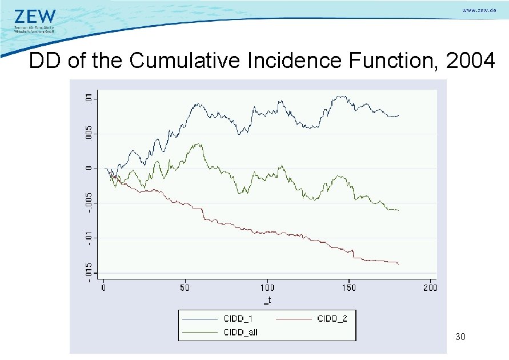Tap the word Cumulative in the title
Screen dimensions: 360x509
click(186, 60)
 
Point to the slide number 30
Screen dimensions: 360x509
click(460, 337)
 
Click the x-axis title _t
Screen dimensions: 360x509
click(267, 299)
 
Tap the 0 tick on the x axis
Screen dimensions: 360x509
click(103, 287)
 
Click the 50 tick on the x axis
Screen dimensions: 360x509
click(185, 287)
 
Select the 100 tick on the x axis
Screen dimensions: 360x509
click(267, 287)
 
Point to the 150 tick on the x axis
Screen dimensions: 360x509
click(348, 287)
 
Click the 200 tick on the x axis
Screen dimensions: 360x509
click(430, 287)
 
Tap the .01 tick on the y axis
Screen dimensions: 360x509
click(87, 99)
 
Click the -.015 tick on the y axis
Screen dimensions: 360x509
click(87, 270)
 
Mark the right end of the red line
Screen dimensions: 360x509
click(398, 263)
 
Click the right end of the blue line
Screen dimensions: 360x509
click(399, 115)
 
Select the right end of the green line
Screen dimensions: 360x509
click(398, 211)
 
